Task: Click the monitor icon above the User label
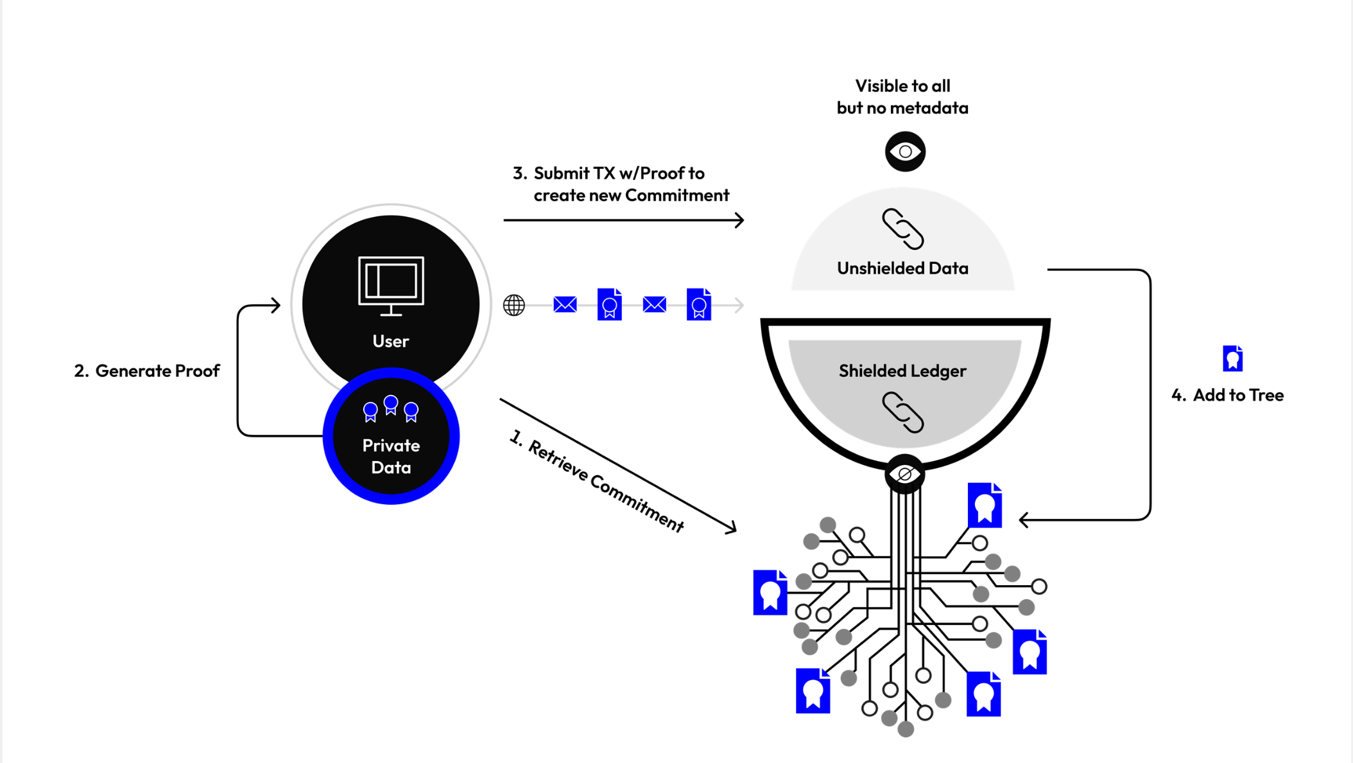point(391,285)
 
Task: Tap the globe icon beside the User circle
point(513,305)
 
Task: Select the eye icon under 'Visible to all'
point(905,152)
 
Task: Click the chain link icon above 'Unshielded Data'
point(902,229)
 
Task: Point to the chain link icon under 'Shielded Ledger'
point(902,412)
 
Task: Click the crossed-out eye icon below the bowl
point(904,475)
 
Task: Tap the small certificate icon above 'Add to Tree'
point(1232,358)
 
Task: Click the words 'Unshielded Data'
point(902,268)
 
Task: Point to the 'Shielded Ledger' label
point(902,371)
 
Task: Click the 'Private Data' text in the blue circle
point(391,456)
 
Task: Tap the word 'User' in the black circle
point(390,341)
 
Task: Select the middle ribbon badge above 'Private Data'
point(390,405)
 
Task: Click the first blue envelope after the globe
point(565,304)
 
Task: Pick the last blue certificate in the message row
point(698,304)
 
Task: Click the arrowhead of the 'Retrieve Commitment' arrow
point(731,529)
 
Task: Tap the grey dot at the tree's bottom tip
point(906,729)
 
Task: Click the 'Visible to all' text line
point(902,86)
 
